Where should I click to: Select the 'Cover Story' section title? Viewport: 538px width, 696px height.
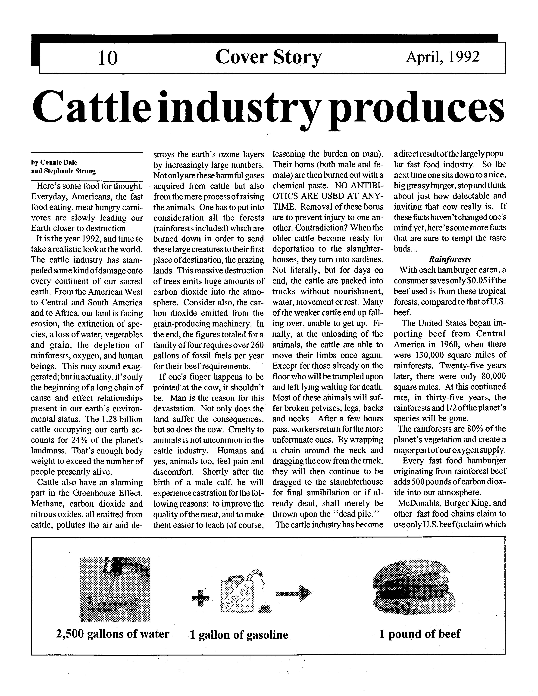pos(268,57)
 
